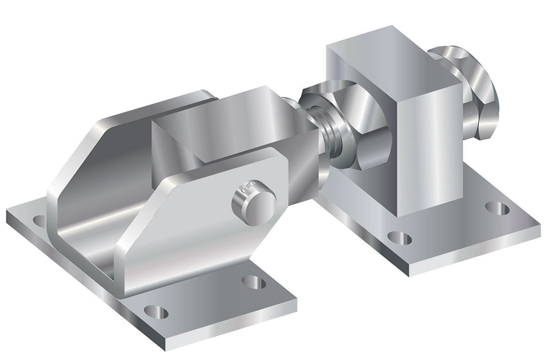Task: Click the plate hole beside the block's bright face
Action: tap(497, 209)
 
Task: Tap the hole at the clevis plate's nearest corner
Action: tap(156, 311)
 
